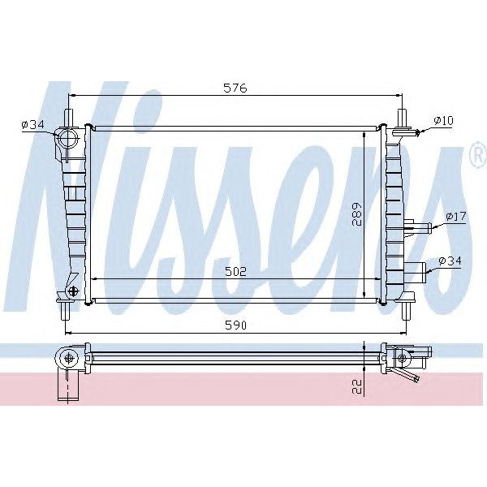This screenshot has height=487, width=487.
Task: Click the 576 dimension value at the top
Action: coord(235,88)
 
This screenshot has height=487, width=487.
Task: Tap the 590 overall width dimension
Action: coord(235,325)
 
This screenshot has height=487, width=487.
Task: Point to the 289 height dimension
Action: coord(356,213)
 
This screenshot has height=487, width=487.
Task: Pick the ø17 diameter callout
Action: coord(456,217)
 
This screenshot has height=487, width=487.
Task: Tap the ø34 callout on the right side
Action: coord(450,261)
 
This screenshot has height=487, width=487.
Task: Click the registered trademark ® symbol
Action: coord(478,157)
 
